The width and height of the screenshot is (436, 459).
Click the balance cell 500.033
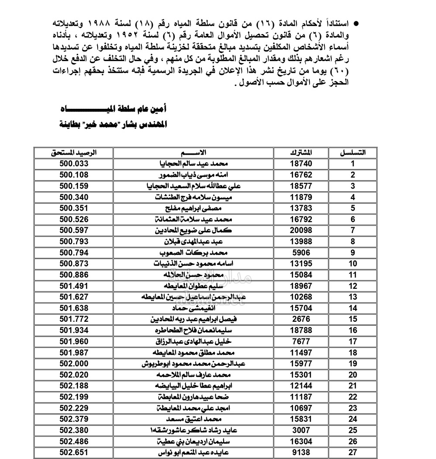(74, 164)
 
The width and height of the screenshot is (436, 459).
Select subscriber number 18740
(301, 164)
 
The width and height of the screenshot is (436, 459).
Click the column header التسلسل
(353, 153)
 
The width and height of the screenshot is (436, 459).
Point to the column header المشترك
(301, 153)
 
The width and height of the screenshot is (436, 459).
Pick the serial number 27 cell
(353, 452)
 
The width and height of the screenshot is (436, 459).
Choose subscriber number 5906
(301, 253)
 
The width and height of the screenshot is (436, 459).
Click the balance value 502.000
(74, 364)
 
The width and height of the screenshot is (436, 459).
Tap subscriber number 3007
(301, 430)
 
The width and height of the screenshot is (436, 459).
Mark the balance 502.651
(74, 452)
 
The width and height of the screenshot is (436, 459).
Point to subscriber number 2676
(301, 319)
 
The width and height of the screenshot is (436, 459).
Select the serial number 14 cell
(353, 308)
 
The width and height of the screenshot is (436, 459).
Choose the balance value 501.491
(74, 286)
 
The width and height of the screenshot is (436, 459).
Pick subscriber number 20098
(301, 230)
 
